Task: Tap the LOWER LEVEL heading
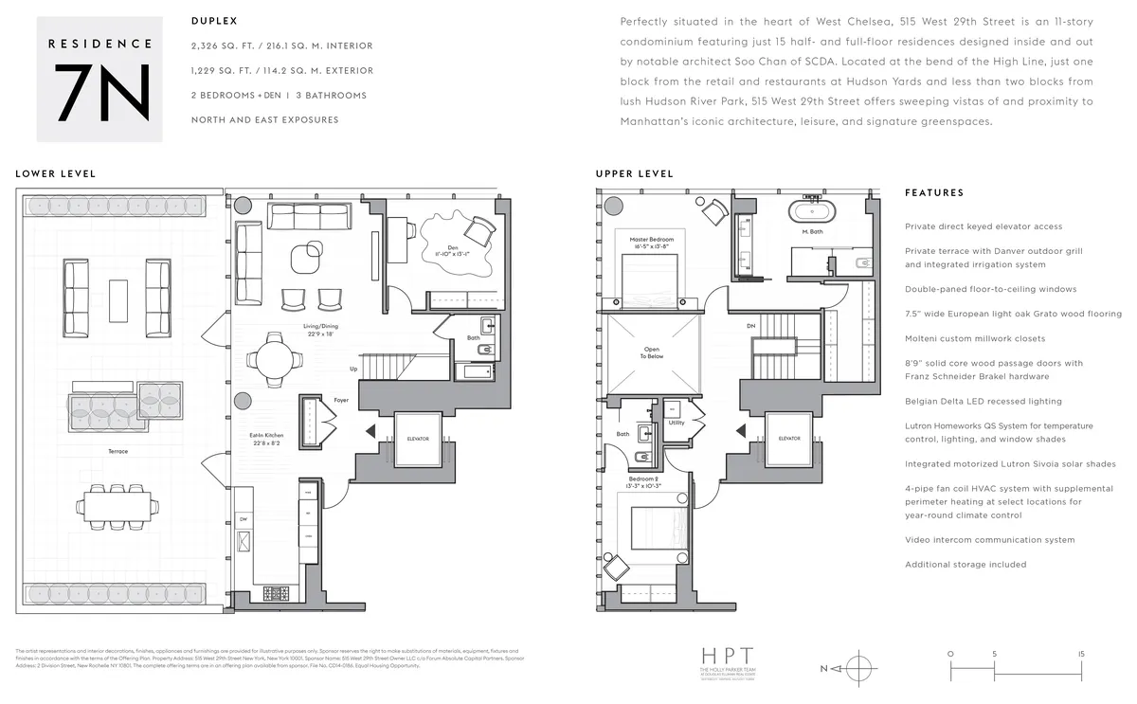55,174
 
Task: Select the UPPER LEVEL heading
635,174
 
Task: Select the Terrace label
117,452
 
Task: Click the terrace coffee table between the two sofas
118,300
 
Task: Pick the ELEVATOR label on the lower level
418,439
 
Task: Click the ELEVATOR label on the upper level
789,439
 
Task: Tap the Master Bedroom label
651,241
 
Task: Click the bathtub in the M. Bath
811,211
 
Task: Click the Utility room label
677,423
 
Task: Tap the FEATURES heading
934,193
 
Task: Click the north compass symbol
856,668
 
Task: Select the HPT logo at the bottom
728,656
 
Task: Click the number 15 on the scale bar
1080,654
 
